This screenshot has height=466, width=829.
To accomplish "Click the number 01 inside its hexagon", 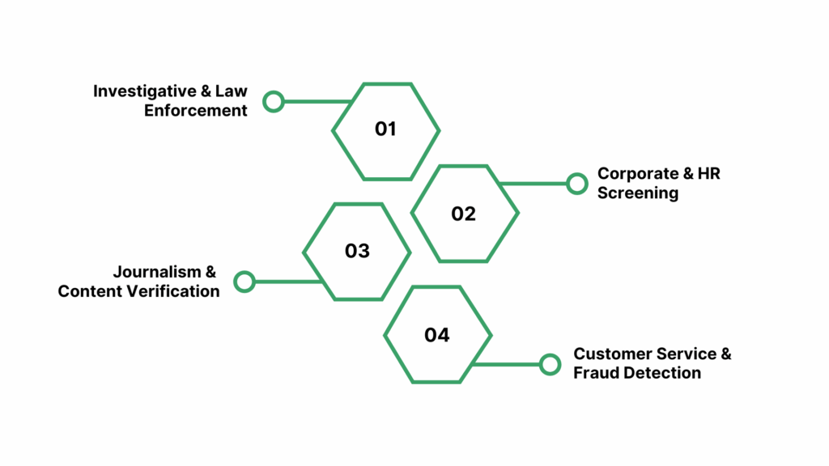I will click(x=385, y=129).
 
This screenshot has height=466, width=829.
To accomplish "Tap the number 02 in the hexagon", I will click(x=464, y=214).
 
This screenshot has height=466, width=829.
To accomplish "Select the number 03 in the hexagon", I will click(x=357, y=251).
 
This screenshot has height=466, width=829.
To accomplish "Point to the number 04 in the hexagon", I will click(x=437, y=335).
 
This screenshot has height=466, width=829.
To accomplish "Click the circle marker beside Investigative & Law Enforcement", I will click(x=274, y=102).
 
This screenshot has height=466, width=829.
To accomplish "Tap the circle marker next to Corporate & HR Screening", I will click(x=577, y=184).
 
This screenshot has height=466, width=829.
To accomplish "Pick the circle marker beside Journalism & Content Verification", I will click(x=244, y=282).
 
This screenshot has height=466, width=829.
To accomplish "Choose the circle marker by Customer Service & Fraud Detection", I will click(x=550, y=364).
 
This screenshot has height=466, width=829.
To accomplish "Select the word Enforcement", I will click(x=196, y=111).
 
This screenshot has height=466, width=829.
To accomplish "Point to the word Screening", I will click(x=638, y=193).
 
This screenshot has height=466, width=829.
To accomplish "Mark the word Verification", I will click(x=172, y=291).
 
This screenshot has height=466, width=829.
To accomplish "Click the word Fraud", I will click(x=592, y=373).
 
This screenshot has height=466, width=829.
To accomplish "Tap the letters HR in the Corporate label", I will click(x=707, y=174).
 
